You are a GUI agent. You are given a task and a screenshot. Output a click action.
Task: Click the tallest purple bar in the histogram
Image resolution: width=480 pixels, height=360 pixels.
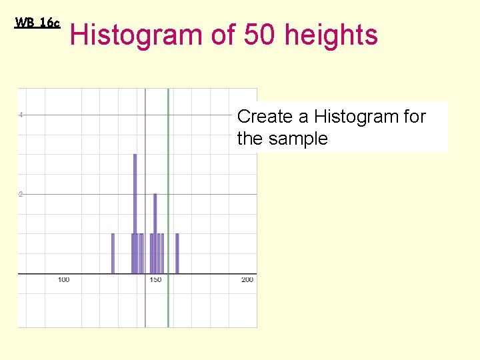[135, 213]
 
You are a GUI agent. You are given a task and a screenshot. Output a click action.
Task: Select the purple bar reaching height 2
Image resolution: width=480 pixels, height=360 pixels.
[155, 233]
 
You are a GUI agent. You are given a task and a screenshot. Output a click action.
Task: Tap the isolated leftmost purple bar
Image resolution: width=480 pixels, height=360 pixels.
[113, 253]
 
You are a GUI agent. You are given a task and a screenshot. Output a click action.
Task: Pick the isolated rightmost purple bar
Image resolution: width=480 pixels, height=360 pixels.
[177, 253]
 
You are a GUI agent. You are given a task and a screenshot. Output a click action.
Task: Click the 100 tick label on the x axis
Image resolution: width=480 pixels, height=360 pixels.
[63, 280]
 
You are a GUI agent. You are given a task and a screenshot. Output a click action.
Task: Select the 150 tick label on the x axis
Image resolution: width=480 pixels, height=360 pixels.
[155, 280]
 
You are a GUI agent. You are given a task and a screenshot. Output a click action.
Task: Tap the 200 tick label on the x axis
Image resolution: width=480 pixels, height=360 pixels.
[247, 280]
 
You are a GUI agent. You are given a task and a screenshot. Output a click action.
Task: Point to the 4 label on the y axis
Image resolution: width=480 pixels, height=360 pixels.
[21, 115]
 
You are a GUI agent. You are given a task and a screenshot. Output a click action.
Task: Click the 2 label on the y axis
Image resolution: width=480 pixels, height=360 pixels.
[21, 194]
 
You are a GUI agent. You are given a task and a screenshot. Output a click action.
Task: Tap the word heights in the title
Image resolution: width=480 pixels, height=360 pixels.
[331, 35]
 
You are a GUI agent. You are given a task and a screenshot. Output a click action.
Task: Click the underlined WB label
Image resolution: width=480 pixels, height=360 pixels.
[25, 23]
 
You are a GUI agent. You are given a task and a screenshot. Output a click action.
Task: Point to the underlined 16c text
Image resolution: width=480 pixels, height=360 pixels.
[49, 23]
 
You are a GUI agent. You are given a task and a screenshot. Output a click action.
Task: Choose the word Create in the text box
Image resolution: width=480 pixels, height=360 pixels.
[265, 117]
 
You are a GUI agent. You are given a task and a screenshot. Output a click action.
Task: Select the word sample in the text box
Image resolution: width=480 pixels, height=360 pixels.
[299, 139]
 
